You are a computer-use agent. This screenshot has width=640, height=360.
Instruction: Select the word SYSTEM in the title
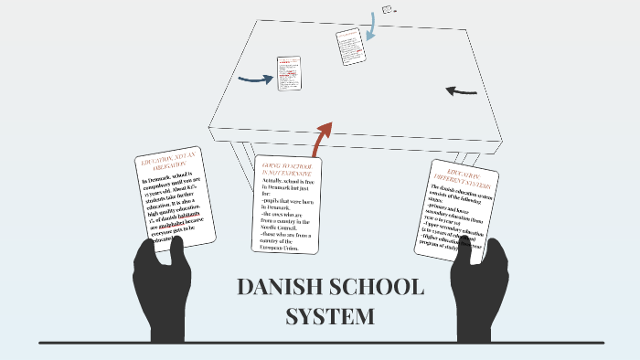329,317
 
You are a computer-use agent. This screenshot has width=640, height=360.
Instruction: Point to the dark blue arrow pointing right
256,79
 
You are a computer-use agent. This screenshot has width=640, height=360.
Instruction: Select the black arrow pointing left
461,91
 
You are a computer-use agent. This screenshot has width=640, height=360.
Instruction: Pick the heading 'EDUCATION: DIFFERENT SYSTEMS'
465,177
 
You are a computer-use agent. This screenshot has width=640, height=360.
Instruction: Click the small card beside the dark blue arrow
289,73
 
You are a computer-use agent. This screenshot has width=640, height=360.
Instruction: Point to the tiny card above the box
388,9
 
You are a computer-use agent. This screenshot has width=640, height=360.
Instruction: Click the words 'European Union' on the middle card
282,248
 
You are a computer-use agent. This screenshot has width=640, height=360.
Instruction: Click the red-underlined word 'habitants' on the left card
182,215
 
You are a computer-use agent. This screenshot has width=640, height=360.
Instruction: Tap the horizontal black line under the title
321,343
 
